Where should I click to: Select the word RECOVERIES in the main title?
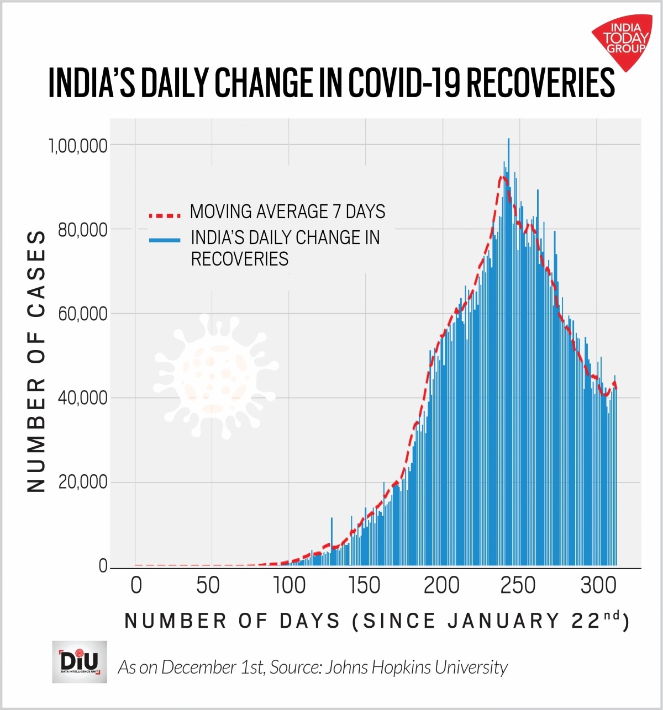[540, 83]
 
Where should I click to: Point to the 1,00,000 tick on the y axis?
[78, 146]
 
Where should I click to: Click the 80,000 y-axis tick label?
[82, 230]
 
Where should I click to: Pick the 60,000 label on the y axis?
[82, 314]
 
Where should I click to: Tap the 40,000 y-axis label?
[82, 398]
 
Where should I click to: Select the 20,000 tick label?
[82, 482]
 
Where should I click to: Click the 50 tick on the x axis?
[208, 586]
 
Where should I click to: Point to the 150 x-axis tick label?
[365, 586]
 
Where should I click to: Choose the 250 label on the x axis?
[518, 586]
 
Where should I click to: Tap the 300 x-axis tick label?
[598, 586]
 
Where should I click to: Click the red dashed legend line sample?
[164, 214]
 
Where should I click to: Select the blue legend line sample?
[164, 240]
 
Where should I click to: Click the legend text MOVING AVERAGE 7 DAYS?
[287, 211]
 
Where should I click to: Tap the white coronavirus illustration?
[215, 375]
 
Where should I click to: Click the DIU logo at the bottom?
[80, 661]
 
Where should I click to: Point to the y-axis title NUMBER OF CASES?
[36, 362]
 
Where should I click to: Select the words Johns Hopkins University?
[416, 667]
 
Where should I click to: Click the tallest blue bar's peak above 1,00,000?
[508, 140]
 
